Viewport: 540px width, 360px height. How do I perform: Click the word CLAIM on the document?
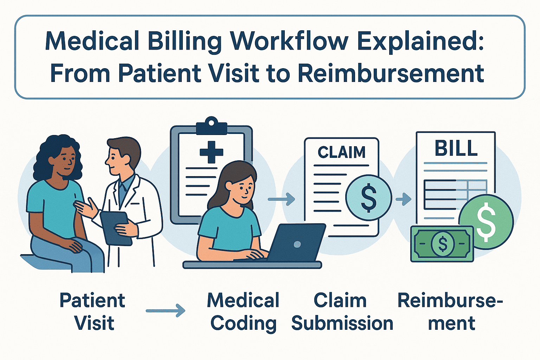[x=341, y=153]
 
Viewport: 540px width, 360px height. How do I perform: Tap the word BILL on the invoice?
[x=456, y=148]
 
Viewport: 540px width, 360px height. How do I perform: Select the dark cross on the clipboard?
[x=211, y=152]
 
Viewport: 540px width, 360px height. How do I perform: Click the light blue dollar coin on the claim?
[x=368, y=198]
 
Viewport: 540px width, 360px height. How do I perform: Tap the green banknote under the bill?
[x=442, y=244]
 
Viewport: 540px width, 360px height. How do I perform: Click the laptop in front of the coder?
[x=297, y=243]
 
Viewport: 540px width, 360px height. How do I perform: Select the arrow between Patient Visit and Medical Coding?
[x=165, y=311]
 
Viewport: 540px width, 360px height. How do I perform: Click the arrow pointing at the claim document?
[x=281, y=199]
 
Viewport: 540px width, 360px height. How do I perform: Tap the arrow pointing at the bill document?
[x=403, y=199]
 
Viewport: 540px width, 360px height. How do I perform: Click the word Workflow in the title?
[x=289, y=41]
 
